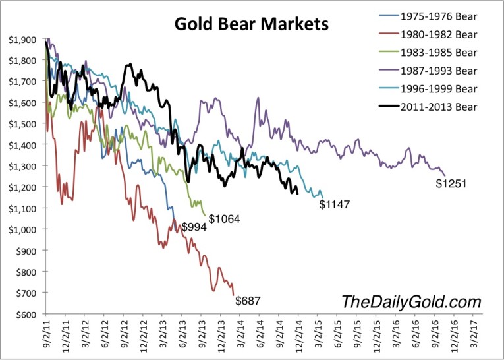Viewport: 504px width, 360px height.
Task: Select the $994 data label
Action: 195,227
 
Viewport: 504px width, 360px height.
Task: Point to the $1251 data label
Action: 451,183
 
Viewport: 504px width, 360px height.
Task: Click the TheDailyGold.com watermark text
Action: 411,302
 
